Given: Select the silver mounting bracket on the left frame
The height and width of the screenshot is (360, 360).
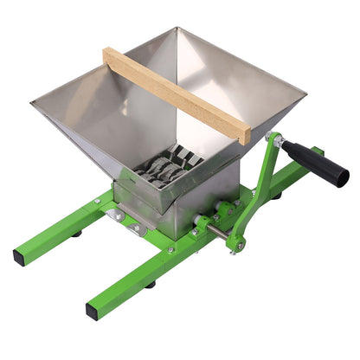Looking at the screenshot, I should [x=116, y=216].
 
